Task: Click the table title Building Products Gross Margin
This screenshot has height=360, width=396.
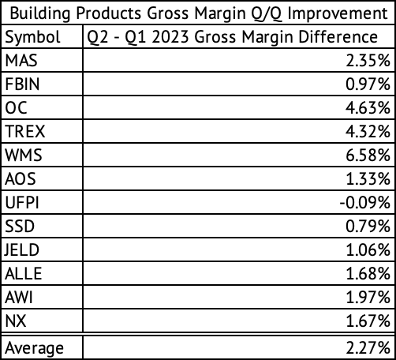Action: point(197,13)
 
